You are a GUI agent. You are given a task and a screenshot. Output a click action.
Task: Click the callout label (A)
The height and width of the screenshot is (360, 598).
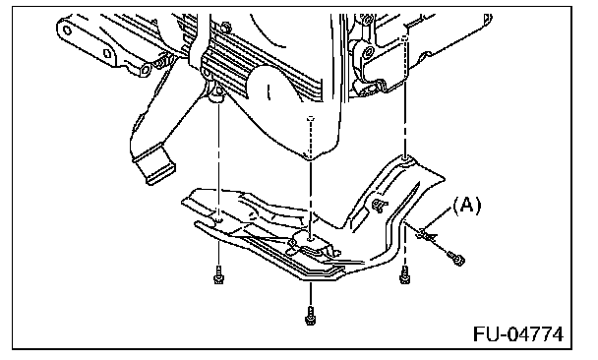466,206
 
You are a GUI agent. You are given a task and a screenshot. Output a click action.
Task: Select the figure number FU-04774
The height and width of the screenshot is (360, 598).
518,334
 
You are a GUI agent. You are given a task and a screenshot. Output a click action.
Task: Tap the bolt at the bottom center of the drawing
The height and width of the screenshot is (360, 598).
310,315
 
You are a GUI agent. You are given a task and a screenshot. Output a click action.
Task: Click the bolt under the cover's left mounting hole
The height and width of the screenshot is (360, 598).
218,275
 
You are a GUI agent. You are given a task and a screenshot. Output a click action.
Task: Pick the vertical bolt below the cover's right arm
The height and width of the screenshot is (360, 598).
404,274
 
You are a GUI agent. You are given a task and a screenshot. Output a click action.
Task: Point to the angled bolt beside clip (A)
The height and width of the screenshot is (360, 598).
455,258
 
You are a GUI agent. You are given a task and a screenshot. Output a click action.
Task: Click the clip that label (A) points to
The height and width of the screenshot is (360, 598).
426,234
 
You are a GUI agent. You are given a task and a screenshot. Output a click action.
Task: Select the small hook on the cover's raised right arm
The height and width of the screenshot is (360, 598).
380,206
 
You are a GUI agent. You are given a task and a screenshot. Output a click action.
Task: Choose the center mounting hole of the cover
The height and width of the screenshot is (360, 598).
310,239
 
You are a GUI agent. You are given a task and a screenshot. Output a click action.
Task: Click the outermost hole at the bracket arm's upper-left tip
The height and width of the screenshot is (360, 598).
67,30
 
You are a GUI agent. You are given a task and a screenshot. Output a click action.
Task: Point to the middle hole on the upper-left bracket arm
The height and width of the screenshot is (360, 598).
107,53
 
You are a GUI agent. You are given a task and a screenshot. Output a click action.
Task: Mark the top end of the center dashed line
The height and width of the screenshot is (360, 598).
310,119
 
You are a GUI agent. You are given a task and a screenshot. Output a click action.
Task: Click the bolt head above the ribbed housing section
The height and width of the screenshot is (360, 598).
225,27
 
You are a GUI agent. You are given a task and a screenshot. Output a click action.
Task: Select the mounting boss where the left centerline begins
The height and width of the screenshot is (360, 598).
217,93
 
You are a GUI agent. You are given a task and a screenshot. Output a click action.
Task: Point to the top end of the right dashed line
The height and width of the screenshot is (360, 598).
405,37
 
